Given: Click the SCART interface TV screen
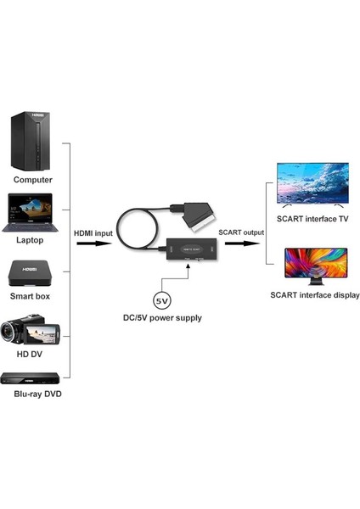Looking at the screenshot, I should coord(313,182).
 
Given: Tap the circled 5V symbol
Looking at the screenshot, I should coord(161,299).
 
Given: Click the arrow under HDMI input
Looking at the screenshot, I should coord(93,243).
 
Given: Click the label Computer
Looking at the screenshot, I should coord(32,179).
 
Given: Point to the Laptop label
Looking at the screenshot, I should coord(31,239).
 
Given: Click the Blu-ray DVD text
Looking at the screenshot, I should coord(37,394).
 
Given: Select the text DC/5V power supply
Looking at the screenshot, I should coord(162,318).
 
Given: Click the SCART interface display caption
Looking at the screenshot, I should coord(314,295).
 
